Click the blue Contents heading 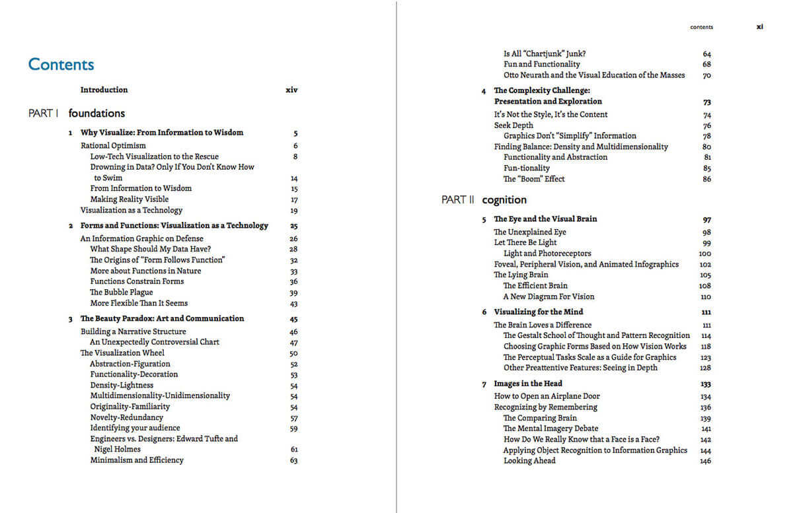tap(61, 65)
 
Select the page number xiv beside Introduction tap(291, 90)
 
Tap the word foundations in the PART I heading tap(96, 114)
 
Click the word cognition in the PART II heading tap(504, 200)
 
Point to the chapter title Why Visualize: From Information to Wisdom tap(162, 133)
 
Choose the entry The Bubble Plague tap(122, 292)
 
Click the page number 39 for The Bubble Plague tap(293, 293)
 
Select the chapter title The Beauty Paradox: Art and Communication tap(162, 319)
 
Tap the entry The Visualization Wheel tap(122, 353)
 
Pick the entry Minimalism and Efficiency tap(137, 460)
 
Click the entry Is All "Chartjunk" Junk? tap(545, 53)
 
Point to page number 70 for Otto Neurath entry tap(706, 76)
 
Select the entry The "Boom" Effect tap(534, 179)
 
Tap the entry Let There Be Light tap(525, 243)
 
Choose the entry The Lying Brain tap(521, 275)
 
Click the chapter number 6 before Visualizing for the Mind tap(484, 312)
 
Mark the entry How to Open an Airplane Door tap(538, 397)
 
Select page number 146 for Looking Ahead tap(705, 462)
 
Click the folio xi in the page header tap(760, 27)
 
